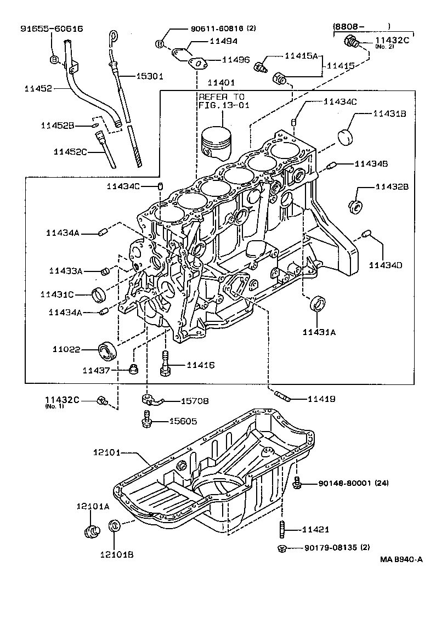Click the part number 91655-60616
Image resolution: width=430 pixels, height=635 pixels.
point(52,29)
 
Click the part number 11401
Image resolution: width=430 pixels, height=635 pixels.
point(221,83)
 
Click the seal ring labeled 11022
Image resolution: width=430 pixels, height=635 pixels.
point(107,349)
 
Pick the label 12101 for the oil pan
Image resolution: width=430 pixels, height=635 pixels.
point(106,453)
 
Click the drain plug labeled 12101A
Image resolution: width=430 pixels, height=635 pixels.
point(90,530)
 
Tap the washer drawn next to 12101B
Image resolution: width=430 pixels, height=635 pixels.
point(115,525)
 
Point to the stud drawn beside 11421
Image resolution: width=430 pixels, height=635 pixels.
point(283,530)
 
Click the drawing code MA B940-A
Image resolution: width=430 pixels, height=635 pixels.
point(401,560)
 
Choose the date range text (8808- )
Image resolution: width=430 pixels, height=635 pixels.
point(362,25)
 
